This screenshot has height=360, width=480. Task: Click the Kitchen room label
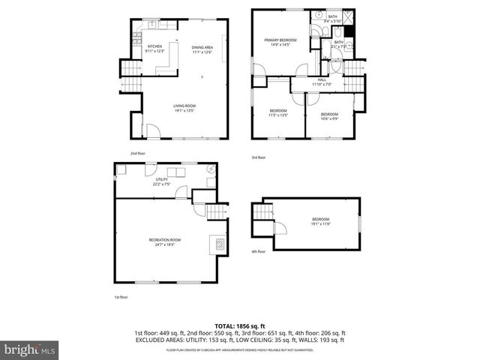(155, 49)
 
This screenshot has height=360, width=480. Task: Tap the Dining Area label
(202, 49)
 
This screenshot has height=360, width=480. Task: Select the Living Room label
(184, 109)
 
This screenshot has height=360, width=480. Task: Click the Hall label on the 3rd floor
(322, 82)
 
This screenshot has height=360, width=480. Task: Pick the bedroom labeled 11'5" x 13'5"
(278, 112)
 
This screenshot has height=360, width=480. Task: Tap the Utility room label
(161, 181)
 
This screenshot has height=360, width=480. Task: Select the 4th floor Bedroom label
(320, 221)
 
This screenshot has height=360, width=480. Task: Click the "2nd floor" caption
(137, 153)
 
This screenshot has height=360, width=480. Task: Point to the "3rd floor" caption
(259, 157)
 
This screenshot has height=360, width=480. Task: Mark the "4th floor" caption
(258, 251)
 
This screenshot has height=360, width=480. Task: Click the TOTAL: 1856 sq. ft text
(240, 325)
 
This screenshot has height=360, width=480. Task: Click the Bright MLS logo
(30, 349)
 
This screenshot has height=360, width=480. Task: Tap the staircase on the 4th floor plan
(262, 214)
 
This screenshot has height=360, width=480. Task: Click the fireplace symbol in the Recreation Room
(217, 244)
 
